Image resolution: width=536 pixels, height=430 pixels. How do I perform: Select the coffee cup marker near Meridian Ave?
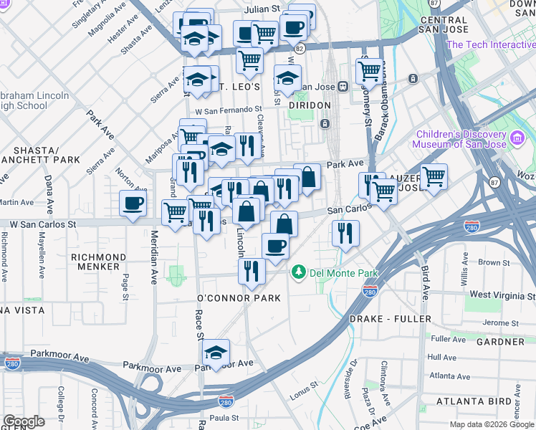tap(133, 204)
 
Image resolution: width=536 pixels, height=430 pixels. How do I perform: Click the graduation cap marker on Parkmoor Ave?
tap(216, 353)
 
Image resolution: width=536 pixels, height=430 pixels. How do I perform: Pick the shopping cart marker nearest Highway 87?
tap(434, 176)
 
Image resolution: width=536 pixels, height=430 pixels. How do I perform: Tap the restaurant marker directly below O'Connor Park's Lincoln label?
tap(252, 270)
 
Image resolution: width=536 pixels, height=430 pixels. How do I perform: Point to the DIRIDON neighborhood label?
tap(310, 105)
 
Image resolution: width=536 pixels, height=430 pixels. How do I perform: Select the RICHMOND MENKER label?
tap(99, 262)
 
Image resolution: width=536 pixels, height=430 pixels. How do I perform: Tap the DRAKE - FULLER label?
tap(390, 318)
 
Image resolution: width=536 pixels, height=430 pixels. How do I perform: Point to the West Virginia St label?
tap(502, 295)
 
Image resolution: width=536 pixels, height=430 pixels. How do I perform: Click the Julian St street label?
tap(261, 9)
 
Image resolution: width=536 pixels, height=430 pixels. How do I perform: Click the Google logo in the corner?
tap(24, 421)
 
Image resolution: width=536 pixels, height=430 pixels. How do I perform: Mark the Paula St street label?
tap(224, 418)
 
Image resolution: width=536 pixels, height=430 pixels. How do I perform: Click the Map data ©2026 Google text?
tap(492, 424)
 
